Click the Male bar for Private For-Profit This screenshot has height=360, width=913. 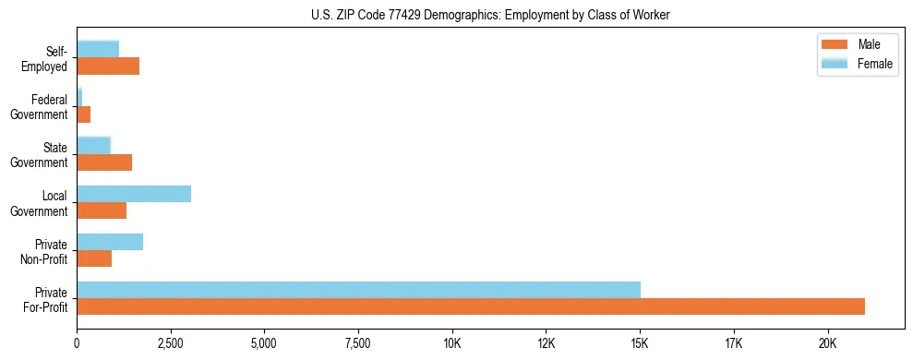pos(471,306)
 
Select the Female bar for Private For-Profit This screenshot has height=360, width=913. pos(358,290)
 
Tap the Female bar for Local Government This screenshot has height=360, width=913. pos(134,194)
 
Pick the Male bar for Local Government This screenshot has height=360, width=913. pos(102,210)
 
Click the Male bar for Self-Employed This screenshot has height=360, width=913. pos(108,66)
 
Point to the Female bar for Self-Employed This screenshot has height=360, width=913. pos(98,50)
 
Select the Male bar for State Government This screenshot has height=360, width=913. pos(104,162)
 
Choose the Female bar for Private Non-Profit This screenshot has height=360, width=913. pos(110,242)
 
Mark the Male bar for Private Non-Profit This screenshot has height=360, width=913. pos(94,258)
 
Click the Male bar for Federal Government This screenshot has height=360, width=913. pos(84,114)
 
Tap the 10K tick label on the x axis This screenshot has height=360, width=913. pos(452,343)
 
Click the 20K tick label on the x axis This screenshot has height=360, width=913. pos(827,343)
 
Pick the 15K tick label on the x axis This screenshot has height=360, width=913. pos(640,343)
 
